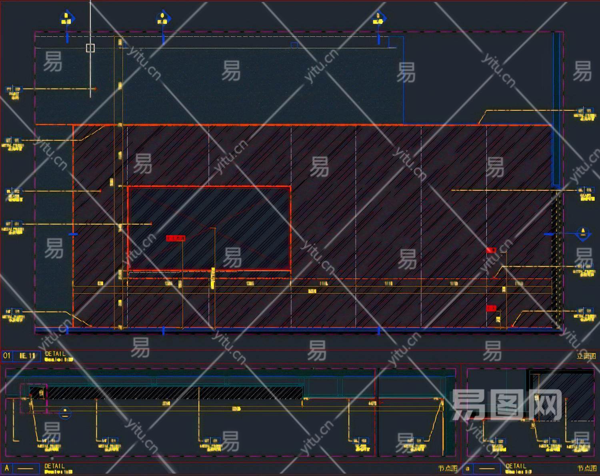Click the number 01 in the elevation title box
[x=7, y=356]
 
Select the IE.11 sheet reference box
[x=27, y=356]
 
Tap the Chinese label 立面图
[x=586, y=356]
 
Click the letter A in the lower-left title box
[x=7, y=468]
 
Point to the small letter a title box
[x=468, y=468]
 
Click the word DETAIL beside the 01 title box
[x=55, y=354]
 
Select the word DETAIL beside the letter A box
[x=55, y=466]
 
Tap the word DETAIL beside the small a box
[x=516, y=466]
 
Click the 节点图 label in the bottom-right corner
[x=587, y=468]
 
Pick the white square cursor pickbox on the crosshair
[x=90, y=48]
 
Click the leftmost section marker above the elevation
[x=67, y=18]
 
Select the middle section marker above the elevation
[x=163, y=18]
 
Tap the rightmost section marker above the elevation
[x=378, y=18]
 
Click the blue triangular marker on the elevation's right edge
[x=583, y=233]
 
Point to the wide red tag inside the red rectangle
[x=176, y=238]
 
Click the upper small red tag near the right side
[x=491, y=250]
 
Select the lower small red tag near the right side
[x=491, y=308]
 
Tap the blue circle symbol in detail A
[x=65, y=413]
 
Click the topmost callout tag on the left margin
[x=13, y=92]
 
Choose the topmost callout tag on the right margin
[x=584, y=114]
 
